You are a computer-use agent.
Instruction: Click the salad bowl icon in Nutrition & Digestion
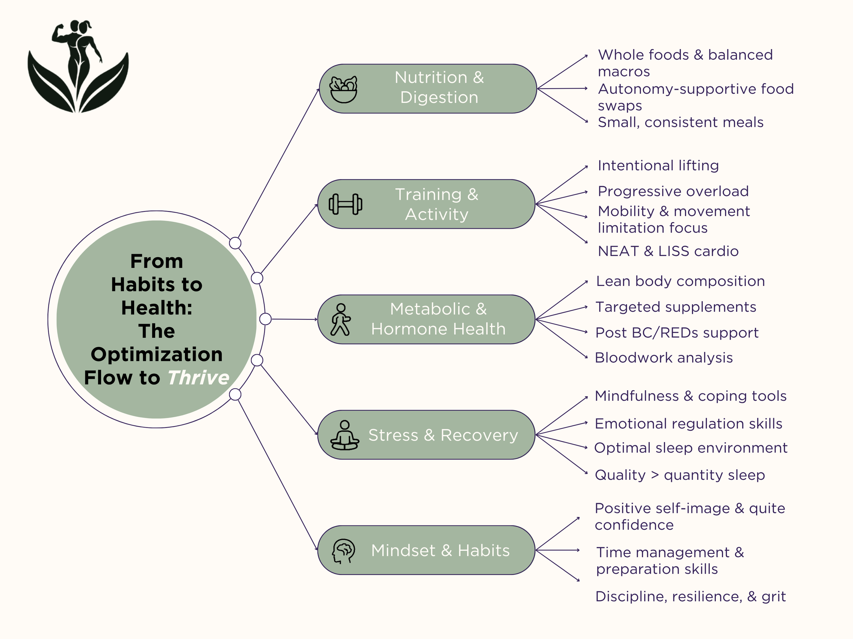pos(343,89)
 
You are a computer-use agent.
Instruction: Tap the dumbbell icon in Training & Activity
pos(345,204)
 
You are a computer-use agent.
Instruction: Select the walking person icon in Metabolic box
pos(341,320)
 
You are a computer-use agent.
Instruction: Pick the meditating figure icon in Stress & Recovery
pos(345,435)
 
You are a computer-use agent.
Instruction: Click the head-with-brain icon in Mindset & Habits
pos(343,551)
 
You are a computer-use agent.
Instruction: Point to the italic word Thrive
pos(199,378)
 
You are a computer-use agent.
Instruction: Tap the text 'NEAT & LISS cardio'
pos(668,251)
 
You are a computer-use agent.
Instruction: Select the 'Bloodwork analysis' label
pos(664,358)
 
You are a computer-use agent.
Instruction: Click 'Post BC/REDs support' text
pos(677,333)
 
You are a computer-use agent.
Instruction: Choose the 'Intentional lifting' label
pos(658,166)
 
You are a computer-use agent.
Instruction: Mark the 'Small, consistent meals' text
pos(680,122)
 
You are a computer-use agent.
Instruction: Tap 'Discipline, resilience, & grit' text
pos(690,596)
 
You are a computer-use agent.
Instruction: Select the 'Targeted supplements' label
pos(676,307)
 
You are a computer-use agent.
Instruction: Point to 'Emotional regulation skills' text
pos(688,424)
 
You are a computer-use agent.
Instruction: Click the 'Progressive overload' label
pos(673,191)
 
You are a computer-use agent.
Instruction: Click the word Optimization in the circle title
pos(157,354)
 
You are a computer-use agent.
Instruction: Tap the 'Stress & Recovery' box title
pos(443,435)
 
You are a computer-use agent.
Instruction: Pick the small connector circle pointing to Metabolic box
pos(265,319)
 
